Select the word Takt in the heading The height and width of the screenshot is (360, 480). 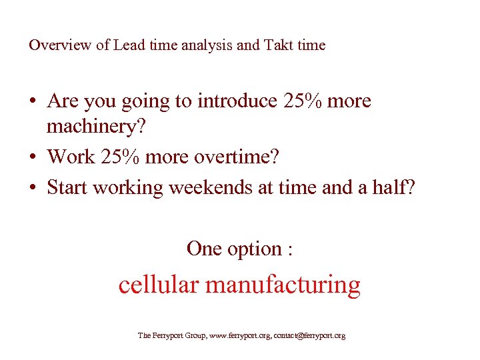[277, 45]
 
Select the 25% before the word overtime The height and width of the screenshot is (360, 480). [124, 157]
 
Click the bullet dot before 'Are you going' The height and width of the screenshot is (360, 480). [33, 102]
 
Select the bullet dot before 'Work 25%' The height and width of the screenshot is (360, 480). [33, 157]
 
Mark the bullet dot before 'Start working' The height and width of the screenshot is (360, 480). [33, 188]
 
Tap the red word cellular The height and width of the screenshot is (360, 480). [159, 285]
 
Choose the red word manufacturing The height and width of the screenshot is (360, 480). [283, 285]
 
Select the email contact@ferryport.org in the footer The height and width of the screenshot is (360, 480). [310, 336]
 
